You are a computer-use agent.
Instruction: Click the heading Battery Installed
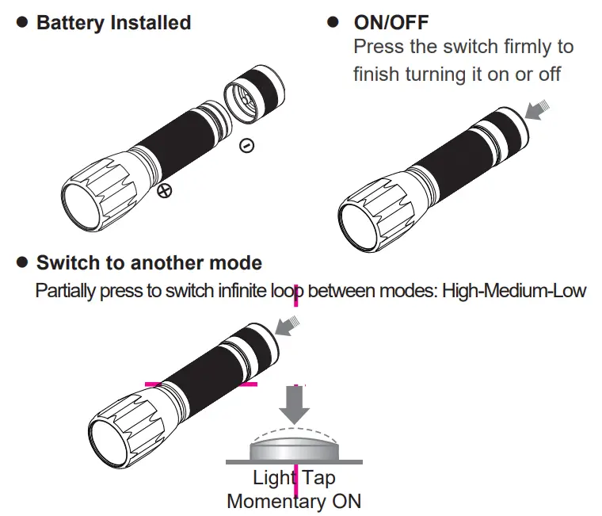tap(113, 22)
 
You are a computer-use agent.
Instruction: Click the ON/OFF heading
tap(391, 22)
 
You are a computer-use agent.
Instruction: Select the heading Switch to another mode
tap(149, 262)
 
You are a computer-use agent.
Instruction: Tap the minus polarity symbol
tap(246, 146)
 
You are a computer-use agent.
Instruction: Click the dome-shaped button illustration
tap(294, 446)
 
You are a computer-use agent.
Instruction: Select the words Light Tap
tap(294, 478)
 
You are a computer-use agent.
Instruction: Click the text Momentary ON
tap(294, 501)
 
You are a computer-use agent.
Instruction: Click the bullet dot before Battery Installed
tap(21, 23)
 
